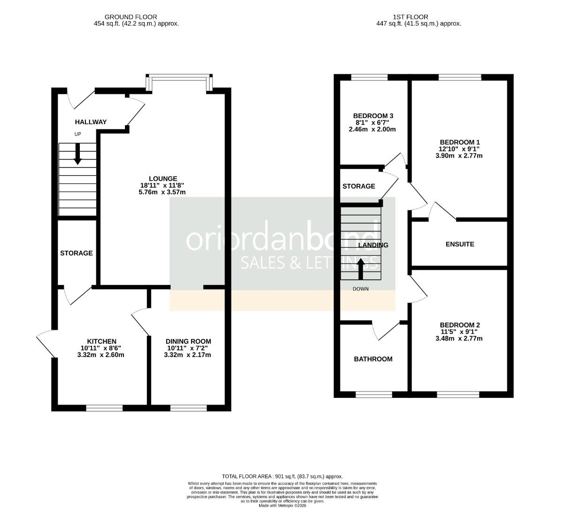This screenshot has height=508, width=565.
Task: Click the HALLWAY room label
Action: click(91, 122)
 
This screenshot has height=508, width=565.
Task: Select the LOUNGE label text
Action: click(163, 178)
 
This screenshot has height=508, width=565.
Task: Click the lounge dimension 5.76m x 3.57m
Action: click(163, 192)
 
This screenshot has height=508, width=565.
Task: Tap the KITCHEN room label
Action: click(101, 341)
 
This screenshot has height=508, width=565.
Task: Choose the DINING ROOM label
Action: click(188, 341)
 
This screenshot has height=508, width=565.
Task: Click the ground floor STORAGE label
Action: click(76, 253)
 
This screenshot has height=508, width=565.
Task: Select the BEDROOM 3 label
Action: click(373, 116)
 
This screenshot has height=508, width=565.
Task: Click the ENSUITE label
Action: click(460, 244)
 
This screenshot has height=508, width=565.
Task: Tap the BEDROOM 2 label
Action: click(460, 325)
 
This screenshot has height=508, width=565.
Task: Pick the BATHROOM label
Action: click(373, 359)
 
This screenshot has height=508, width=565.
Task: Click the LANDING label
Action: click(373, 245)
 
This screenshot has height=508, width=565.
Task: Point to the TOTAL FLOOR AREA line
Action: click(282, 476)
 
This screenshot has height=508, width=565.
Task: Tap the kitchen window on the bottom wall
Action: click(104, 408)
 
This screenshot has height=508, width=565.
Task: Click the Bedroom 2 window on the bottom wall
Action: click(458, 395)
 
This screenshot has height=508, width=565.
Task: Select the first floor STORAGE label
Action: click(359, 186)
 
